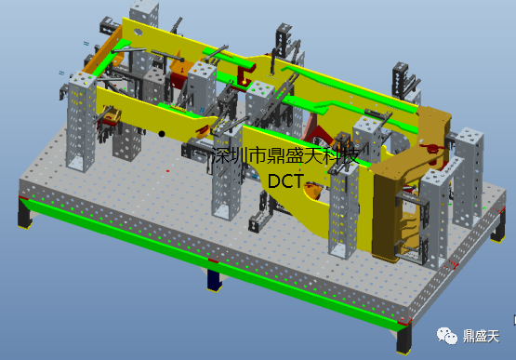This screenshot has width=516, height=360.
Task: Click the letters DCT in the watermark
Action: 285,180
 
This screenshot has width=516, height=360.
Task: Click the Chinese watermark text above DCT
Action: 285,155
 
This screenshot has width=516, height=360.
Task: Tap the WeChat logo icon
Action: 447,336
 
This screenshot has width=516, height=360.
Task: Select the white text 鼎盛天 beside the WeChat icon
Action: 482,337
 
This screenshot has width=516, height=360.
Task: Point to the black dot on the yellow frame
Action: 162,134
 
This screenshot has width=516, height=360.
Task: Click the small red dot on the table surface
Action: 168,171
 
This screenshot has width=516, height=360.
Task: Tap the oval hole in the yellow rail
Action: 138,32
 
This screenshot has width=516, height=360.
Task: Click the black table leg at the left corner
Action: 24,214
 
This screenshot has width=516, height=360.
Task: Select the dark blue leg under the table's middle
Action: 214,280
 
